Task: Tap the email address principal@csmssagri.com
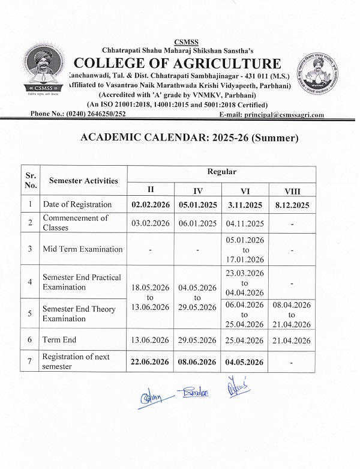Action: [x=272, y=114]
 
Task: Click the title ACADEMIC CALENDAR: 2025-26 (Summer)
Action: [x=189, y=138]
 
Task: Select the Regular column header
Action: [x=221, y=172]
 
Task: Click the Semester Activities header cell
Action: [x=83, y=180]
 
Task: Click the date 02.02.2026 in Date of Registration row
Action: [x=150, y=205]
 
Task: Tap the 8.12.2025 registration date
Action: [x=292, y=205]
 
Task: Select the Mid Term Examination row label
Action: [x=82, y=249]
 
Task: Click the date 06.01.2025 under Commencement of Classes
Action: [x=197, y=223]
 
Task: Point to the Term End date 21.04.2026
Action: [x=292, y=340]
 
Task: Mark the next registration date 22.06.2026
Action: [x=150, y=362]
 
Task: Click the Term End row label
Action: [x=59, y=340]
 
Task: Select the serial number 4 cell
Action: [x=29, y=282]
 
